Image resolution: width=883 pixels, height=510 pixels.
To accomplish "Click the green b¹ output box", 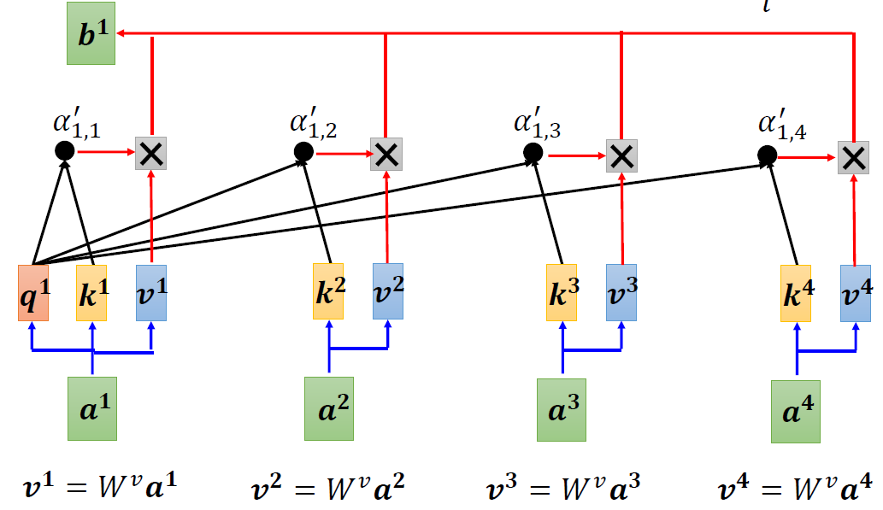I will [x=91, y=39].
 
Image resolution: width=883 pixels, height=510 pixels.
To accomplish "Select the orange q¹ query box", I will [x=32, y=292].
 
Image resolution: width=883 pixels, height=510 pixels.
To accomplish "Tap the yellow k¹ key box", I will [x=91, y=292].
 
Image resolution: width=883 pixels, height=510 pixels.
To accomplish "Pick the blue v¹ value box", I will [x=151, y=292].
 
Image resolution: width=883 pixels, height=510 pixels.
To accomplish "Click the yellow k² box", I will [x=328, y=291].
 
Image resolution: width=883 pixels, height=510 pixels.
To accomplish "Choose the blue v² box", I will [x=387, y=291].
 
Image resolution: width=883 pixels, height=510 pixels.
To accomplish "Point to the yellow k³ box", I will [x=562, y=291].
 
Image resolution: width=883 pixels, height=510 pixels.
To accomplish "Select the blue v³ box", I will [x=621, y=291].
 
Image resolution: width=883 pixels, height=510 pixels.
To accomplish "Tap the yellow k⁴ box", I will [x=796, y=291].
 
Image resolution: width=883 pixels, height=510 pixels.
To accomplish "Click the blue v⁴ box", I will [x=855, y=291].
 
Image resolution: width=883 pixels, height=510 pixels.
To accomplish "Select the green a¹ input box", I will [x=91, y=407].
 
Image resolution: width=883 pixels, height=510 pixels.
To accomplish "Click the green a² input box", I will [x=329, y=408].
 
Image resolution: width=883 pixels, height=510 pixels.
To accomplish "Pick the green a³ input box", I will [x=562, y=409].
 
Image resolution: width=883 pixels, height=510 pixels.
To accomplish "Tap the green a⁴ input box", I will [x=796, y=411].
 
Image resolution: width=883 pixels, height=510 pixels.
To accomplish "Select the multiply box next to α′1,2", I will [x=386, y=153].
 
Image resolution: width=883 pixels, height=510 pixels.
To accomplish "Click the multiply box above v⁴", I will [x=853, y=157].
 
